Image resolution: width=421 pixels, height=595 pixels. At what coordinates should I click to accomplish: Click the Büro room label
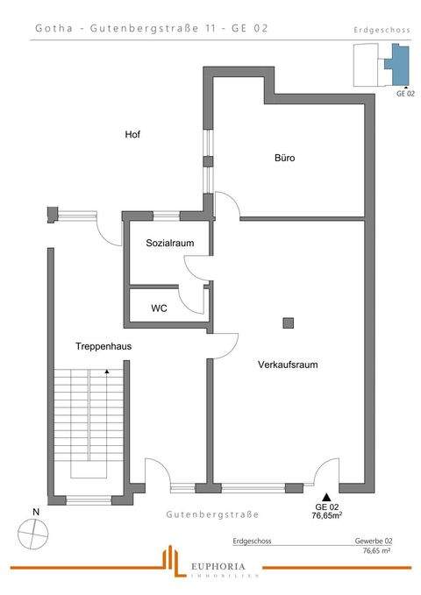point(284,159)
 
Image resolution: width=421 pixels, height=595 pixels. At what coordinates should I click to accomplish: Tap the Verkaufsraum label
point(288,364)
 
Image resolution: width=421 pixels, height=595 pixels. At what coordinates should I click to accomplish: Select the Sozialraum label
point(170,243)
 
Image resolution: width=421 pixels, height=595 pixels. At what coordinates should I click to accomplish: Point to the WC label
point(160,308)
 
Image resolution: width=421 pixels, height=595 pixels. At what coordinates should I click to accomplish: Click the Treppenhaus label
point(103,346)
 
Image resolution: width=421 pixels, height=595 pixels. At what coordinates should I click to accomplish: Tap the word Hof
point(132,135)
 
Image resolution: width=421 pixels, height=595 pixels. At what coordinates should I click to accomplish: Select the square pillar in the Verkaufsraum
point(288,322)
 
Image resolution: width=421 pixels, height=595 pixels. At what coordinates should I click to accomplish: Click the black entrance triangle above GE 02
point(326,498)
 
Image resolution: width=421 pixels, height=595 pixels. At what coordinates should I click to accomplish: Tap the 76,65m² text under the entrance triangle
point(326,517)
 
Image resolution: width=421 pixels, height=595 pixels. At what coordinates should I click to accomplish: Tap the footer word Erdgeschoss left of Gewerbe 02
point(253,542)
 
